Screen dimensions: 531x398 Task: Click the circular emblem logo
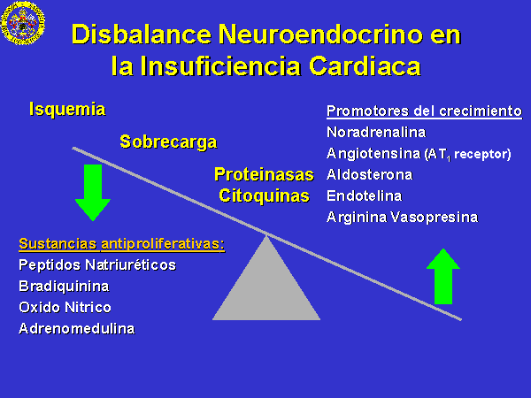click(x=23, y=23)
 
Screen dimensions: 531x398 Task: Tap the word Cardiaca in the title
click(x=365, y=65)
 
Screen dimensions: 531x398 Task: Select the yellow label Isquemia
click(x=67, y=110)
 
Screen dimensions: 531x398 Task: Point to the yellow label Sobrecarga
click(x=168, y=142)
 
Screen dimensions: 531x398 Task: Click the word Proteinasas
click(x=264, y=174)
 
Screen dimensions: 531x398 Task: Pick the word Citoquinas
click(x=264, y=195)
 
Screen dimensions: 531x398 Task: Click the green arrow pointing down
click(x=93, y=193)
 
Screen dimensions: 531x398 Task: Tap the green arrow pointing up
click(x=443, y=277)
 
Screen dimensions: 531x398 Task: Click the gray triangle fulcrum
click(x=266, y=281)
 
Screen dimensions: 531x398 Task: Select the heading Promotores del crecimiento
click(x=424, y=111)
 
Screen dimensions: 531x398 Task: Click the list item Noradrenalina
click(x=376, y=133)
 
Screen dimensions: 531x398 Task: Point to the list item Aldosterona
click(x=370, y=175)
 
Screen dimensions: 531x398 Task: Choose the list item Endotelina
click(x=365, y=196)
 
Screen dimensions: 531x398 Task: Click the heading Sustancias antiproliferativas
click(x=122, y=244)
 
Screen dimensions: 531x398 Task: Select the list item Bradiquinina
click(x=64, y=287)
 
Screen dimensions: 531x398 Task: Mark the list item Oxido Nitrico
click(x=65, y=307)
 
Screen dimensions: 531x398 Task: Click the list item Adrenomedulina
click(x=77, y=329)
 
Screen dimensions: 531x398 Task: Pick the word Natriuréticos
click(x=131, y=264)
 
